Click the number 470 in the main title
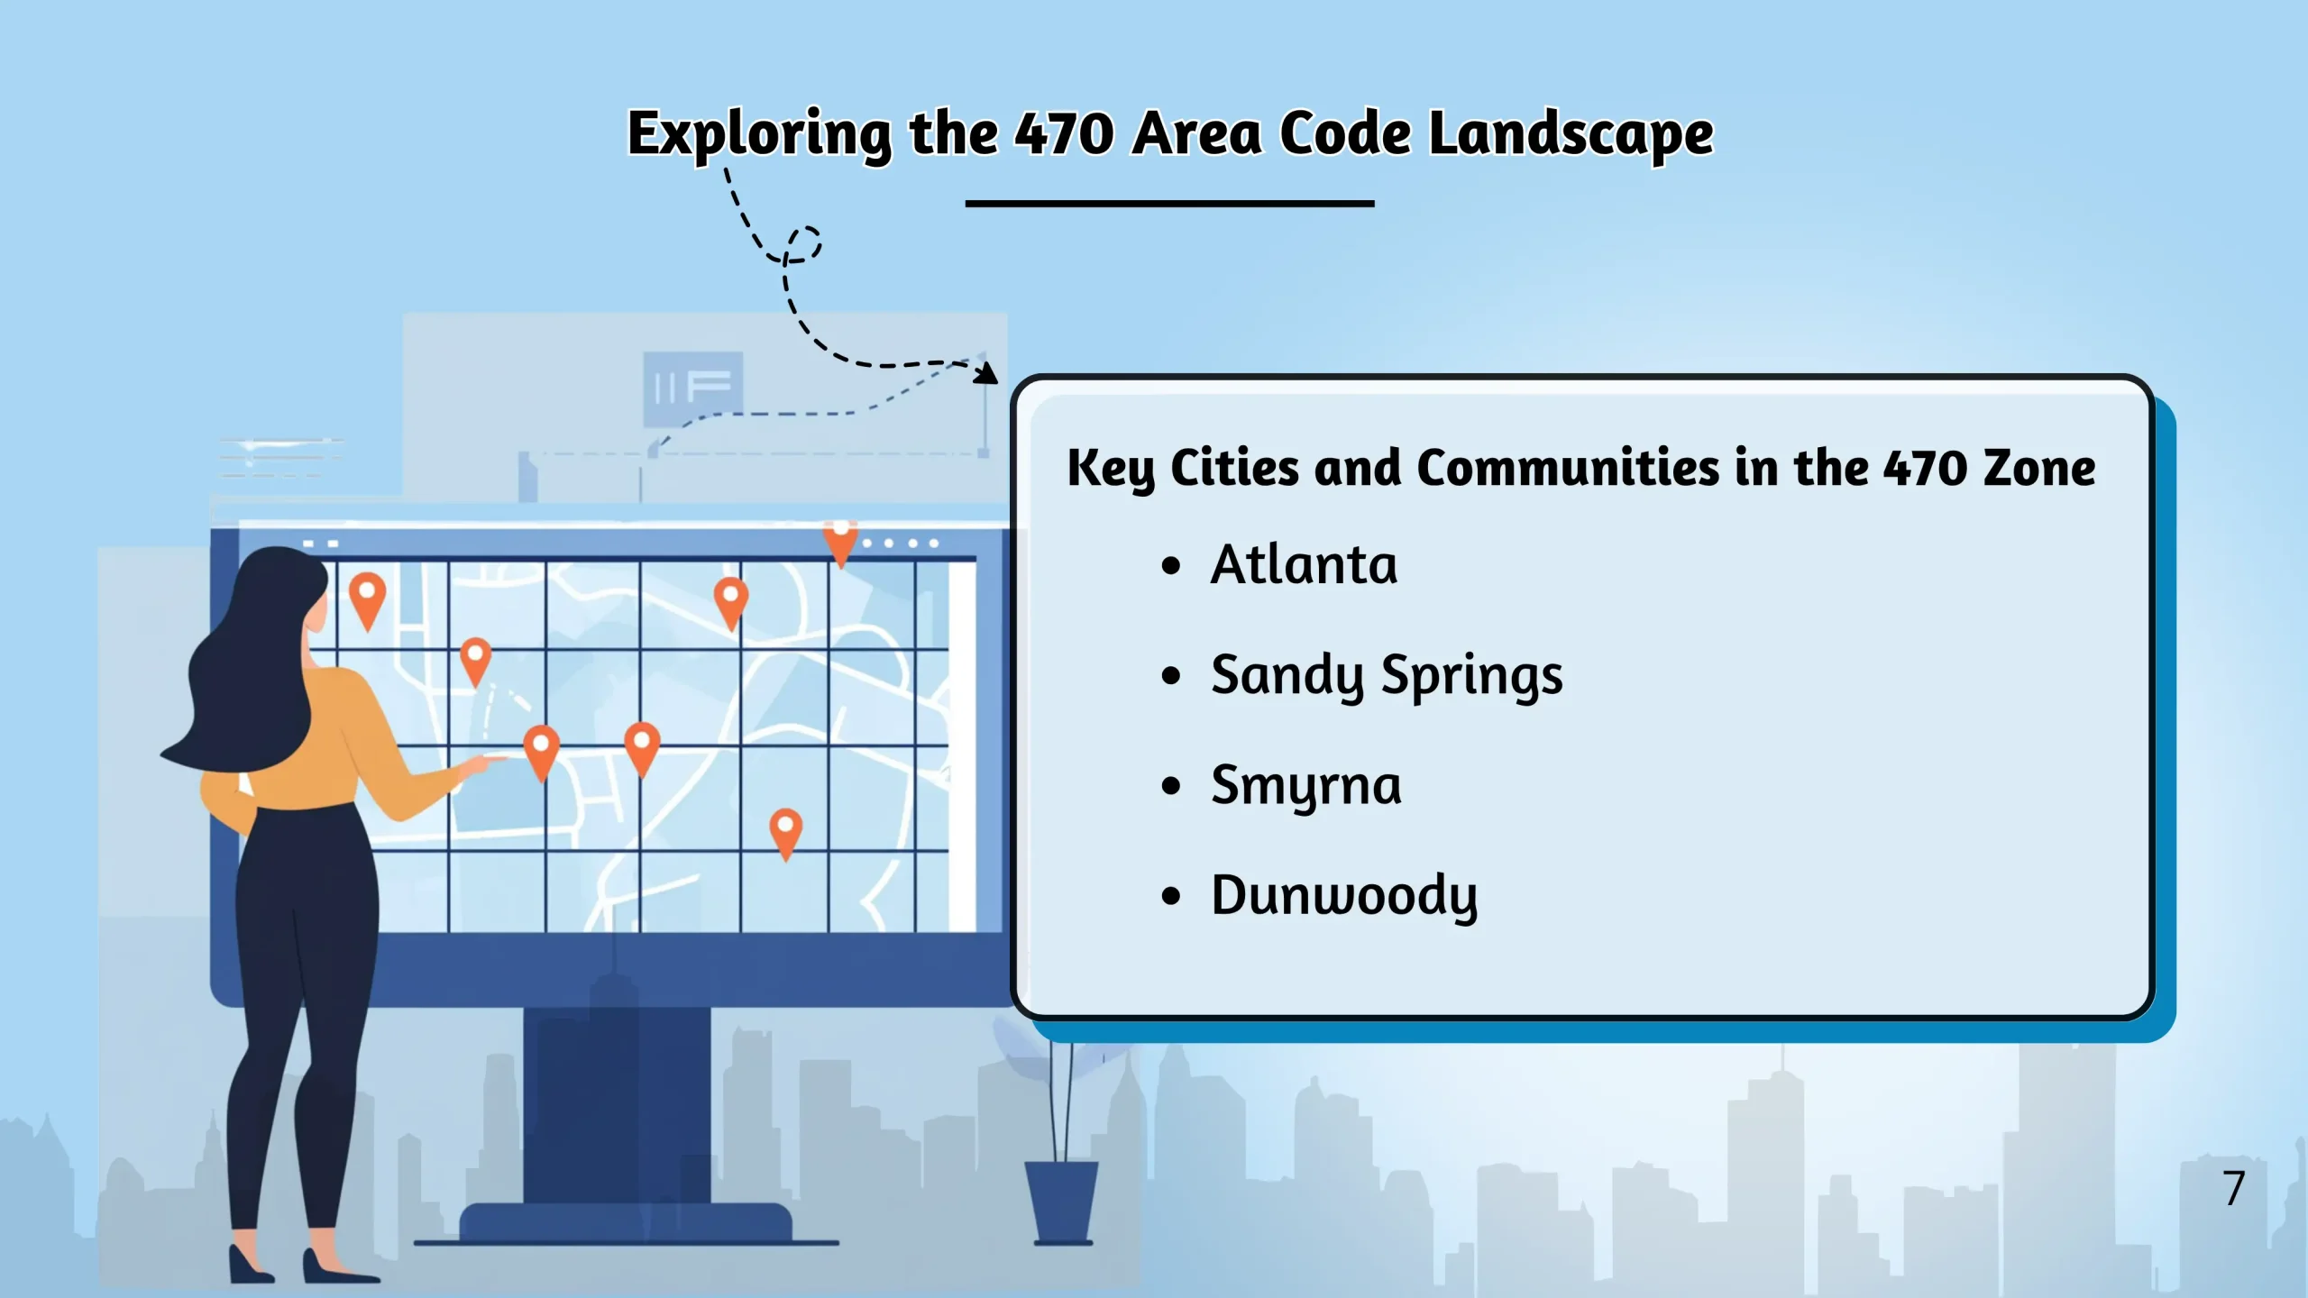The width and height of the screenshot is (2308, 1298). [1064, 133]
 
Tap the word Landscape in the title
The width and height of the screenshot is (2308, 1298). [1571, 134]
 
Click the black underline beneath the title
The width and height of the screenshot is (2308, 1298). [1169, 204]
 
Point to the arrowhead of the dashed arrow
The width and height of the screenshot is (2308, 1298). [987, 372]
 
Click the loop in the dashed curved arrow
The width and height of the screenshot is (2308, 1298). [801, 244]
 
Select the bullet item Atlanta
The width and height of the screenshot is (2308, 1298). [1304, 564]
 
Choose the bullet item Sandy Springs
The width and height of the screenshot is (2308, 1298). [1387, 676]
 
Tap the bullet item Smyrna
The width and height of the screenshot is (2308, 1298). [1305, 786]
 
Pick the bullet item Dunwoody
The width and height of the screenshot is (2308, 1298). [1344, 896]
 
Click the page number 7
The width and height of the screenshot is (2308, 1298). [2233, 1188]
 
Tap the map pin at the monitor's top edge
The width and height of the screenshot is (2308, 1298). [840, 542]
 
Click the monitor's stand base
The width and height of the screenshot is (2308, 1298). [627, 1224]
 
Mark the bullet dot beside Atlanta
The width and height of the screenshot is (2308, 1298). [1171, 566]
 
